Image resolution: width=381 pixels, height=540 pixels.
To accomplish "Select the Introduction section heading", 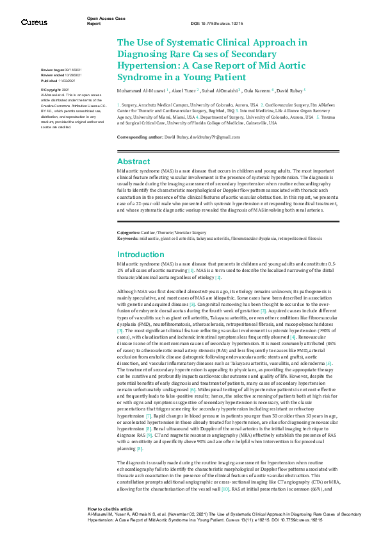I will [140, 255].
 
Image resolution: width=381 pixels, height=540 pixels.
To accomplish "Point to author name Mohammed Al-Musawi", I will [140, 90].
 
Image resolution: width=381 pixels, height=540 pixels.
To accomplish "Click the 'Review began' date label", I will [52, 69].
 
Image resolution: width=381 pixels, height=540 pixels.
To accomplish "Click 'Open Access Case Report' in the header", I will [102, 21].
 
